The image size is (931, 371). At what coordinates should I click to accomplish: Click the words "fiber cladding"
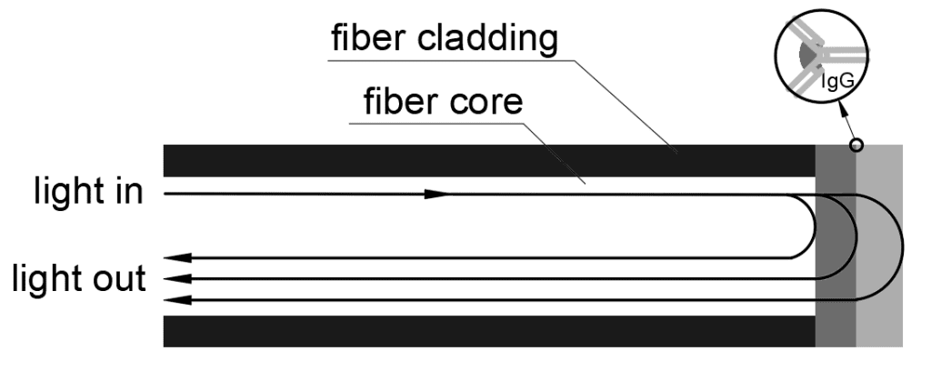pyautogui.click(x=444, y=39)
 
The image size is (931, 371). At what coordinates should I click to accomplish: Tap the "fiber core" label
pyautogui.click(x=443, y=101)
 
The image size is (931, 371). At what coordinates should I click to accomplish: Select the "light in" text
pyautogui.click(x=88, y=191)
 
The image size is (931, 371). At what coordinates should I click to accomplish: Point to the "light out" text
pyautogui.click(x=79, y=278)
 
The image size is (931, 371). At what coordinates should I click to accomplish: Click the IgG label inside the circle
pyautogui.click(x=837, y=81)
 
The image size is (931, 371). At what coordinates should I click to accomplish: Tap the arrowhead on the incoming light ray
pyautogui.click(x=437, y=194)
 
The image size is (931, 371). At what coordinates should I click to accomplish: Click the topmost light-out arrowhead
pyautogui.click(x=177, y=257)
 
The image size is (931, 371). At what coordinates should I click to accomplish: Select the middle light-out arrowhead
pyautogui.click(x=177, y=278)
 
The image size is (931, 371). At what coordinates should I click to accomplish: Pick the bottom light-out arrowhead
pyautogui.click(x=177, y=300)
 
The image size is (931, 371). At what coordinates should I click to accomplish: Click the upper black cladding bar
pyautogui.click(x=489, y=160)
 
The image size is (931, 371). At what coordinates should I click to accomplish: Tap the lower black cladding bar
pyautogui.click(x=489, y=331)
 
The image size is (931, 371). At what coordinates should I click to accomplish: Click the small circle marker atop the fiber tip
pyautogui.click(x=856, y=145)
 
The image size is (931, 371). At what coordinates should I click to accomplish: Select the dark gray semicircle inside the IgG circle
pyautogui.click(x=806, y=55)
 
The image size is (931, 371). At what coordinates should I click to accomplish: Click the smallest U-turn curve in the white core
pyautogui.click(x=815, y=226)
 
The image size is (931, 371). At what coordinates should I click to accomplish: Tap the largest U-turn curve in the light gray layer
pyautogui.click(x=902, y=247)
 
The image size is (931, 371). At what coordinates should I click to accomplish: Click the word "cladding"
pyautogui.click(x=487, y=39)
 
